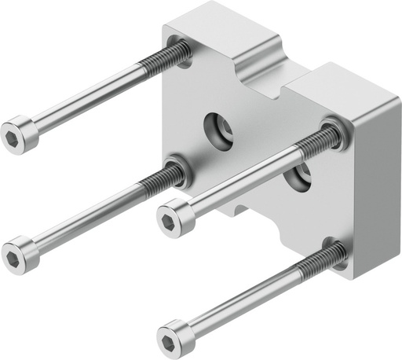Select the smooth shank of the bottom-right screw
point(243,299)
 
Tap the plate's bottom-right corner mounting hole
point(336,252)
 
